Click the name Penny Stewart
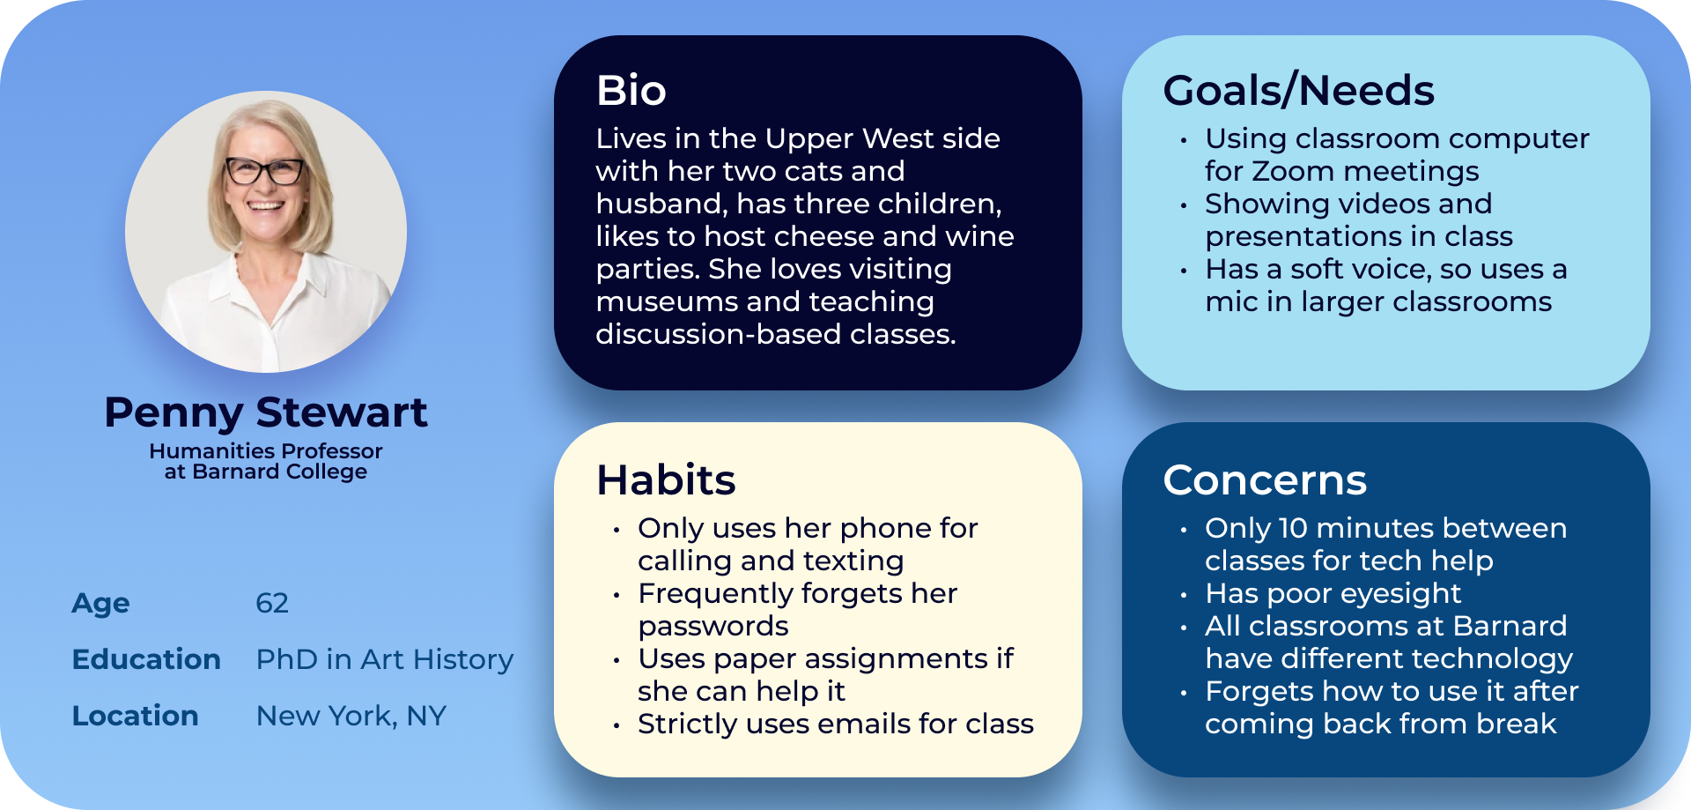pos(266,412)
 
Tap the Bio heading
pos(631,90)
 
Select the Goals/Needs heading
pos(1299,91)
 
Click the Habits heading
pos(666,479)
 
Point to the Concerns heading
pos(1266,480)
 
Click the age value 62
pos(272,603)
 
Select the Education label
pos(146,659)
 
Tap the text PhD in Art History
pos(385,659)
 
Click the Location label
pos(136,716)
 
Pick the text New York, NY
pos(351,716)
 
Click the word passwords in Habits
pos(713,626)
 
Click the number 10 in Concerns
pos(1293,528)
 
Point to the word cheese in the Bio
pos(823,236)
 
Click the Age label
pos(101,604)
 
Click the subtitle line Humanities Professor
pos(266,450)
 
